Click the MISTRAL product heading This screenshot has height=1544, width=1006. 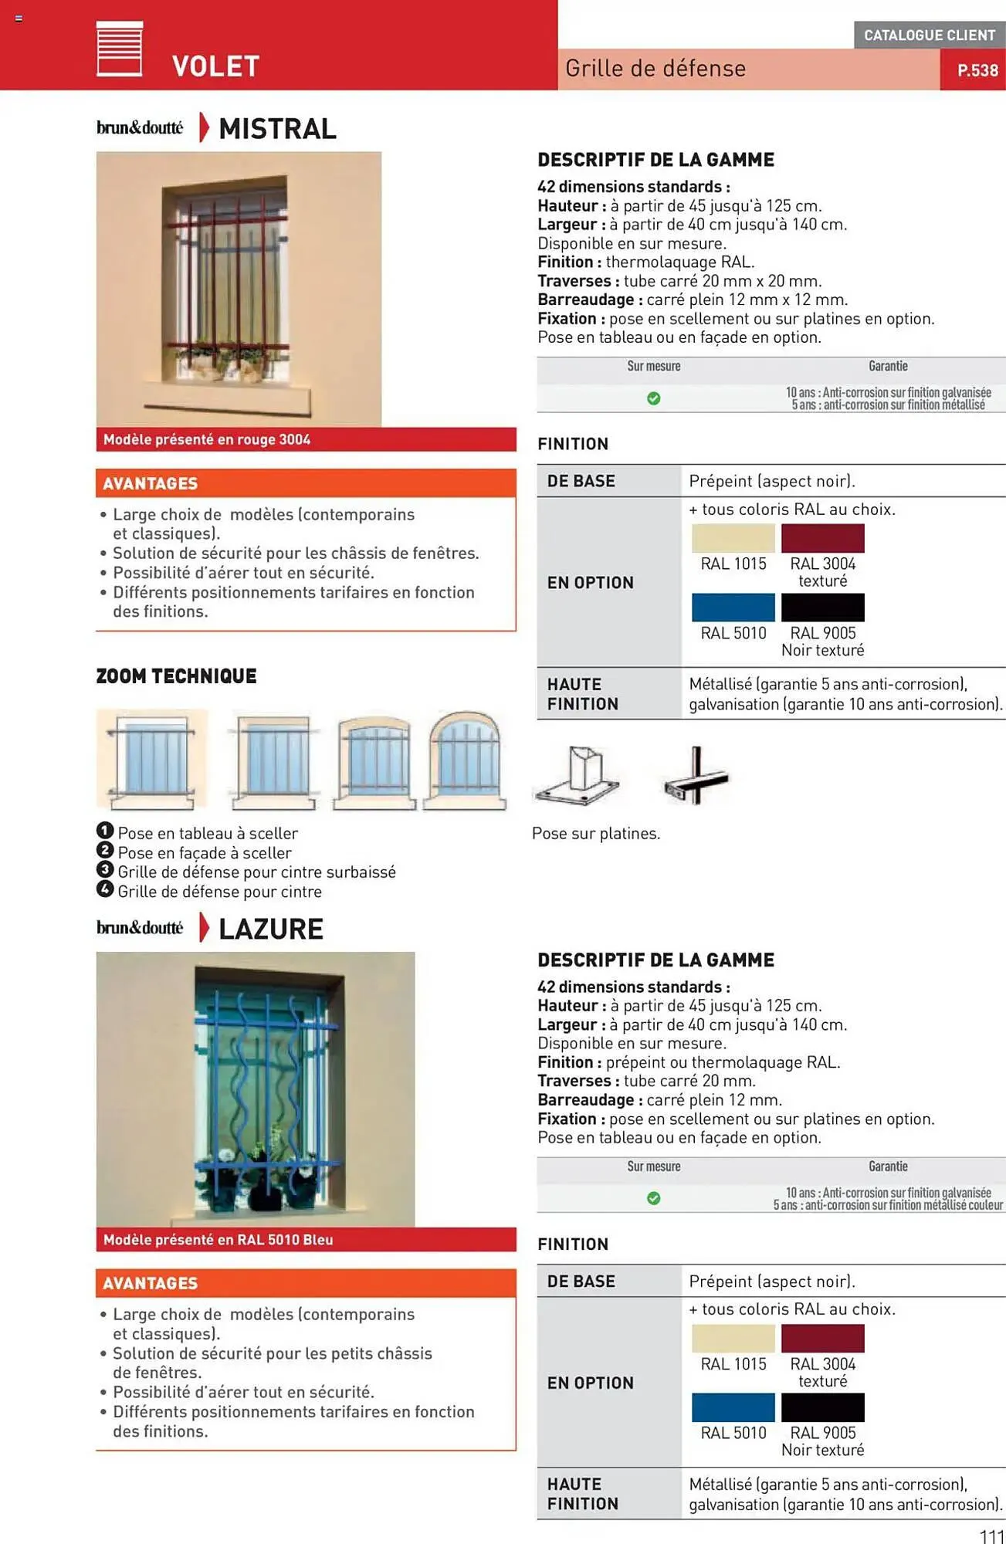(x=277, y=129)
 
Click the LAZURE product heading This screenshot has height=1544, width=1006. (x=270, y=929)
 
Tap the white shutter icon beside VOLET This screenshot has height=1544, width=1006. (x=120, y=49)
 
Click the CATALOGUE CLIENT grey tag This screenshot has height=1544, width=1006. (x=929, y=35)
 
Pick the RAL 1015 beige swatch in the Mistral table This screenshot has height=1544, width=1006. (x=733, y=538)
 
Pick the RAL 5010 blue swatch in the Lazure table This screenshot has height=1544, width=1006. (x=733, y=1407)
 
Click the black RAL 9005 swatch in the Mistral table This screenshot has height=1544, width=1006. (x=822, y=608)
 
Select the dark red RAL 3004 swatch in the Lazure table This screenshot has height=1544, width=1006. (x=822, y=1338)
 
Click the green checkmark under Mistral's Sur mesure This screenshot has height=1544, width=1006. (x=653, y=398)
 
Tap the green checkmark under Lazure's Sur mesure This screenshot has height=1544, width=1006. (x=653, y=1198)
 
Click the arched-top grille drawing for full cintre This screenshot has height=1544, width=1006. (x=465, y=761)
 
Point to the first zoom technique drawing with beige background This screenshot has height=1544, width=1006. (x=152, y=759)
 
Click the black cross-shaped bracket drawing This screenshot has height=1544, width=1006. (x=696, y=777)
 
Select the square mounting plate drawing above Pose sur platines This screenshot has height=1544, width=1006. (x=578, y=777)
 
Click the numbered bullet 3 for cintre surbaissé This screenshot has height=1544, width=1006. (x=105, y=869)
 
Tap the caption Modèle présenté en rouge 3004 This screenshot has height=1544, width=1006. (x=207, y=439)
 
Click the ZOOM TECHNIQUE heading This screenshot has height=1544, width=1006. (x=176, y=676)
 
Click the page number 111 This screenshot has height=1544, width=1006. (x=991, y=1536)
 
